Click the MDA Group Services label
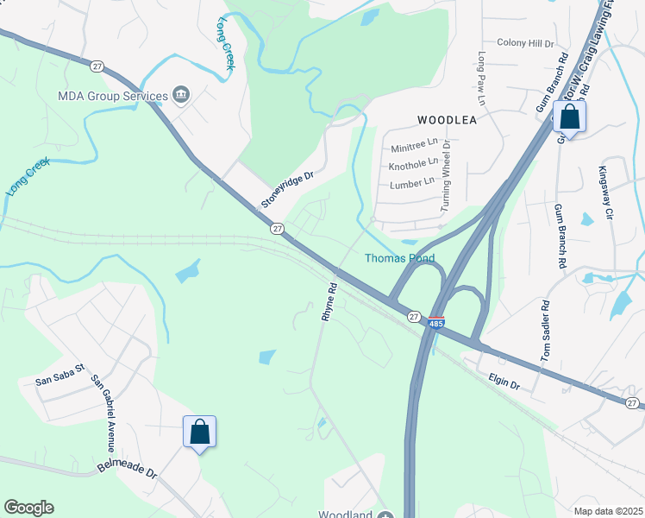[112, 95]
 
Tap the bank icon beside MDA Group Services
[181, 94]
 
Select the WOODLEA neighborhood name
[447, 120]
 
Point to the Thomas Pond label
[399, 258]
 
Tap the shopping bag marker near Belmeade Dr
[199, 432]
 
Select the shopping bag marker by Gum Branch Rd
[569, 117]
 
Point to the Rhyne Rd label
[329, 301]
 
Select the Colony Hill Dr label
[524, 42]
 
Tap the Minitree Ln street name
[414, 148]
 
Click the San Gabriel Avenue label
[103, 414]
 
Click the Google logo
[28, 507]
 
